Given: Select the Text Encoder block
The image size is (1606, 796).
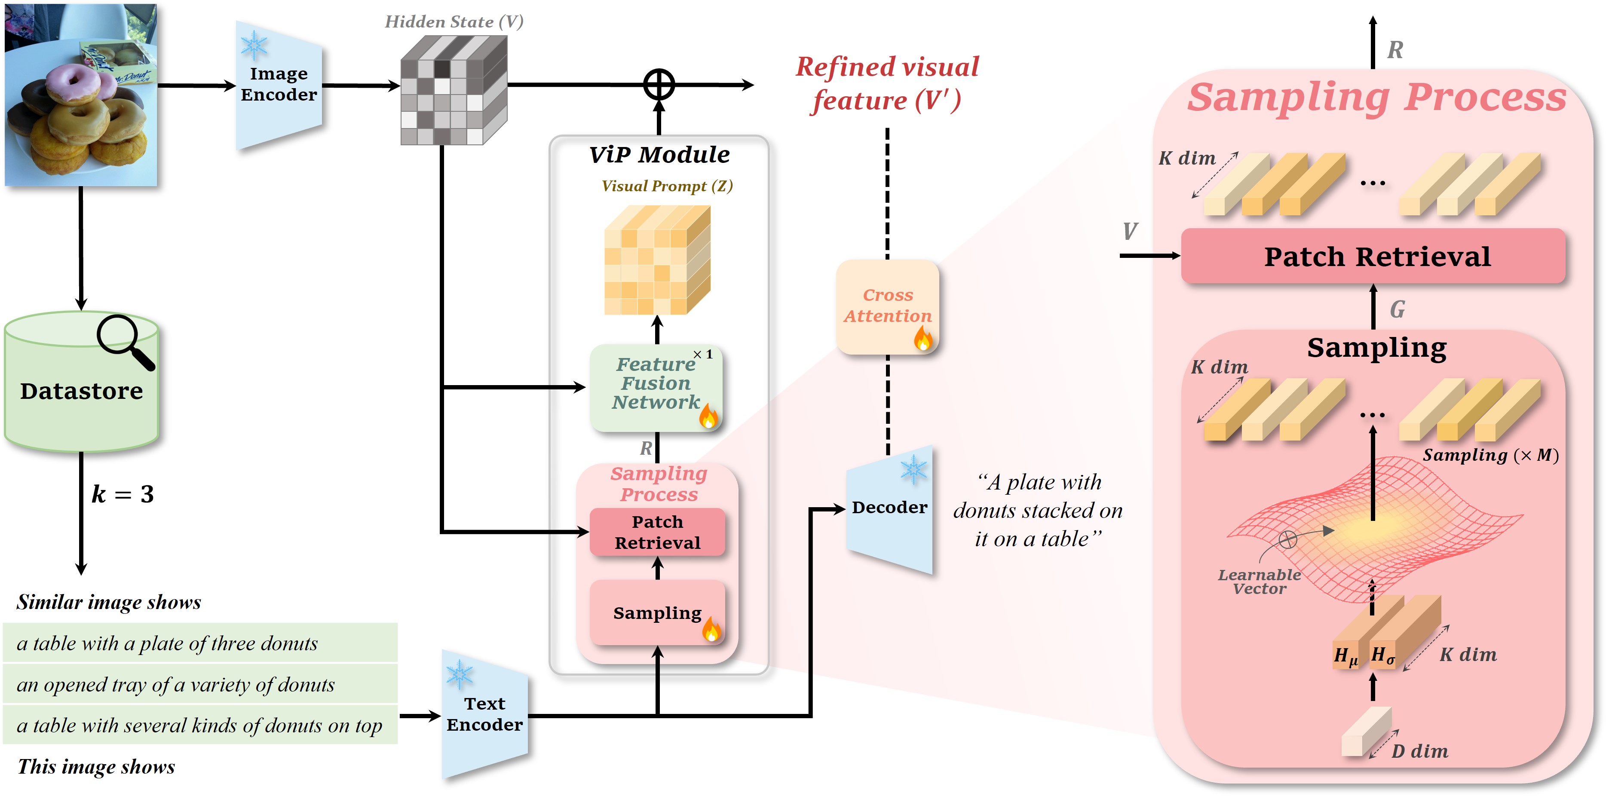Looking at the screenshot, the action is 484,714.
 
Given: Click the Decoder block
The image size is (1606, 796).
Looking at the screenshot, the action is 889,508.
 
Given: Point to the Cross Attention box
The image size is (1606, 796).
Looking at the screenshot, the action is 887,307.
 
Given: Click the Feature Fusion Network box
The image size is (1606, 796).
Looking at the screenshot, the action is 656,388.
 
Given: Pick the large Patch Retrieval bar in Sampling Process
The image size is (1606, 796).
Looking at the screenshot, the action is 1373,256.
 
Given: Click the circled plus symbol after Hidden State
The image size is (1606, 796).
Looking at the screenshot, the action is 659,84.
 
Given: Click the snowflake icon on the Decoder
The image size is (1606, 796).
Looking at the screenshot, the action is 913,470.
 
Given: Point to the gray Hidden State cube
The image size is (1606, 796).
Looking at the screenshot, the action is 453,90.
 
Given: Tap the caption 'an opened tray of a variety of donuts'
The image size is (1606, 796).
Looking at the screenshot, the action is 176,684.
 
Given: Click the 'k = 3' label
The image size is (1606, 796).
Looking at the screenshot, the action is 123,494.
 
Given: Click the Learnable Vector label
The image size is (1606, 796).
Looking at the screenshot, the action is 1260,582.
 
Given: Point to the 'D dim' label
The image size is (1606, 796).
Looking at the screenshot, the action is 1419,751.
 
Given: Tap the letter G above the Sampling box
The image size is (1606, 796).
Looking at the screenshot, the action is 1397,309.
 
